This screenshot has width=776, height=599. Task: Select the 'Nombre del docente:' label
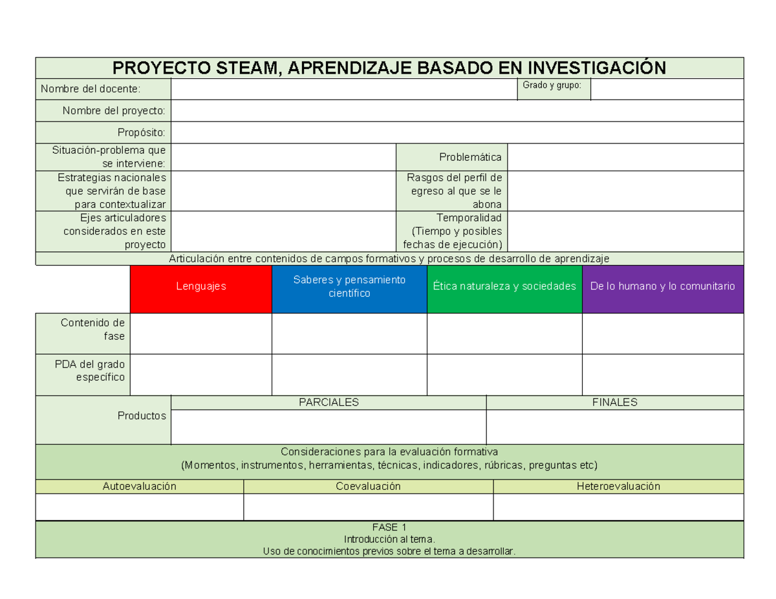[x=90, y=89]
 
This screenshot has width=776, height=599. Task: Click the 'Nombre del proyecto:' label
[x=114, y=110]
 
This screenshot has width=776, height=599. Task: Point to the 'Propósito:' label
[x=141, y=132]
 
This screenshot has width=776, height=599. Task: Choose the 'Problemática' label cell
[x=470, y=157]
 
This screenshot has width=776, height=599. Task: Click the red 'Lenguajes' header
[x=201, y=286]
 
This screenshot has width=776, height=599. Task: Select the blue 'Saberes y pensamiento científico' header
[x=349, y=286]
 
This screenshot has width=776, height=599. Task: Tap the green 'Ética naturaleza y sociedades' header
[x=504, y=286]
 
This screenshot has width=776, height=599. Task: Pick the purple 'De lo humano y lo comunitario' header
[x=663, y=286]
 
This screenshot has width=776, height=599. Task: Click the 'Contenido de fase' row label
[x=92, y=329]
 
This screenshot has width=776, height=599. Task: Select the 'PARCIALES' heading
[x=329, y=402]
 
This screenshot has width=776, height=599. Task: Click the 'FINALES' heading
[x=614, y=402]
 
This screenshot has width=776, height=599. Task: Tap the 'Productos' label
[x=142, y=415]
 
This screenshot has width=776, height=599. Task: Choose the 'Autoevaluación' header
[x=140, y=486]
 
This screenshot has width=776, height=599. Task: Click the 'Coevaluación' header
[x=368, y=486]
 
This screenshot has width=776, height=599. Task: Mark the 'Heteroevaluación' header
[x=618, y=486]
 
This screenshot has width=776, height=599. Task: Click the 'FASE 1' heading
[x=389, y=527]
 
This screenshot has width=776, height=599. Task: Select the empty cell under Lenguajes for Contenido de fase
[x=201, y=333]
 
